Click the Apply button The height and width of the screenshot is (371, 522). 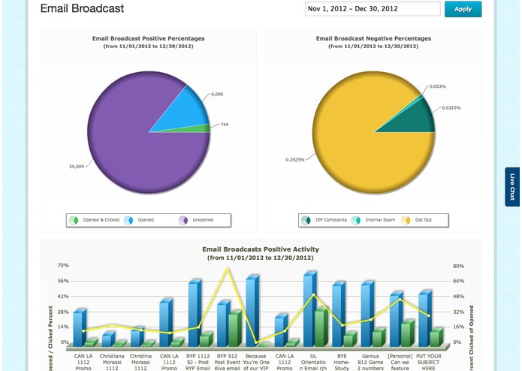[463, 9]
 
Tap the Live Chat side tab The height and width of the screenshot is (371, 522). [512, 187]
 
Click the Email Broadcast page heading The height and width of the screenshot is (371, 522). [82, 9]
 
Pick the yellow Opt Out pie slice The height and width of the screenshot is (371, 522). [353, 143]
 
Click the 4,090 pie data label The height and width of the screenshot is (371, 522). [218, 94]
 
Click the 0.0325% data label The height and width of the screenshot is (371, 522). [452, 107]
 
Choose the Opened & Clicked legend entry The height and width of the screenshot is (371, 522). [92, 220]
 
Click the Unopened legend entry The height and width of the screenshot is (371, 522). [198, 220]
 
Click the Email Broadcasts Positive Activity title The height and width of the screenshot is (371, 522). [261, 249]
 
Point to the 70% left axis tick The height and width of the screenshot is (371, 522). [63, 266]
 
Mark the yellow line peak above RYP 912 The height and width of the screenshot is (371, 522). [228, 268]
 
